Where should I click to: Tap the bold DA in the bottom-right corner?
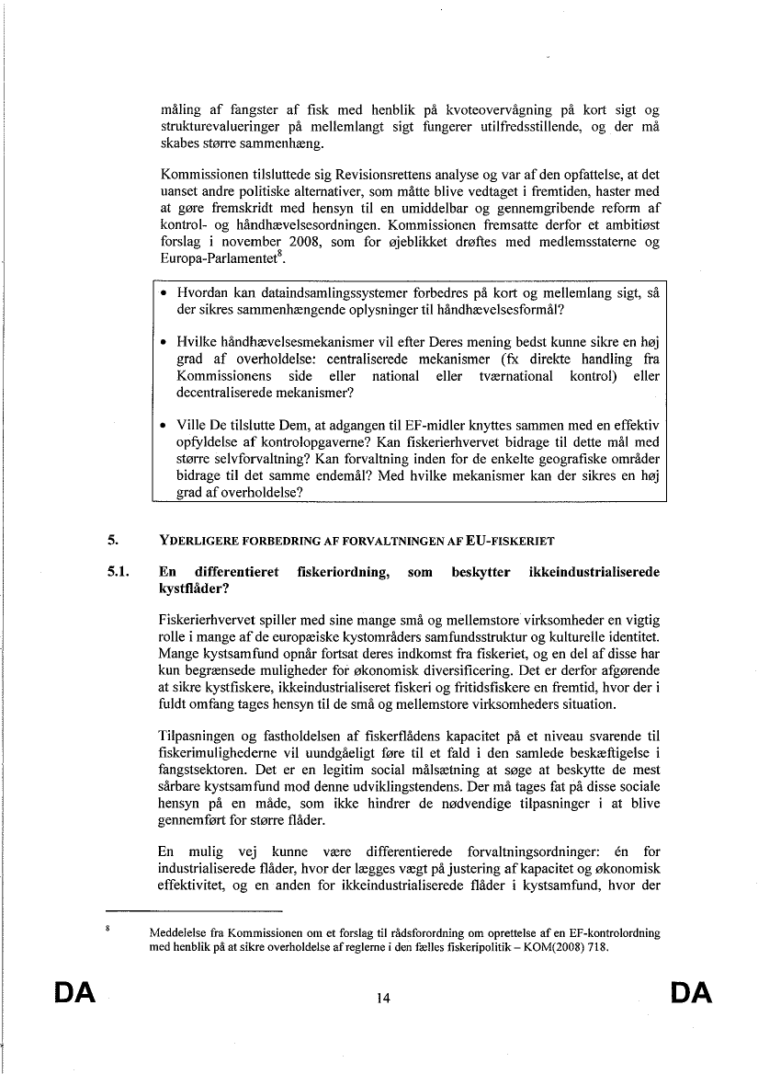[x=692, y=992]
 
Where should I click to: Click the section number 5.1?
[x=120, y=572]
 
